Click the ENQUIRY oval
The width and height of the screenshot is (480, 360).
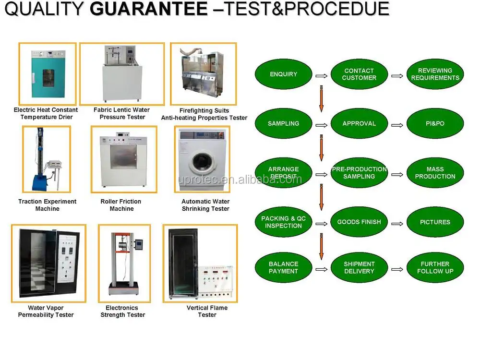(x=283, y=74)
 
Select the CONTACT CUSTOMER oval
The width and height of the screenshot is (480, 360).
(x=359, y=74)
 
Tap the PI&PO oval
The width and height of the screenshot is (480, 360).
(x=435, y=123)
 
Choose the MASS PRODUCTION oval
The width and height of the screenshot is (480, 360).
(x=435, y=173)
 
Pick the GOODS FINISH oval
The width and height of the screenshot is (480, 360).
(x=359, y=222)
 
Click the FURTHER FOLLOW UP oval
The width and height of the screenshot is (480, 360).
(x=435, y=267)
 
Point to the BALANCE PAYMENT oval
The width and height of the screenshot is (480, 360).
(x=283, y=267)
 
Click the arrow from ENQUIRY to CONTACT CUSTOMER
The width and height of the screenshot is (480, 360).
(x=322, y=75)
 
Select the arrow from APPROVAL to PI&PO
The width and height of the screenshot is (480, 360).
(x=397, y=125)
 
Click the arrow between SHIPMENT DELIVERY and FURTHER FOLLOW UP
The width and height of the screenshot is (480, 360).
(x=397, y=269)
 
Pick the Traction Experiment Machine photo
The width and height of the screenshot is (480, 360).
(x=46, y=159)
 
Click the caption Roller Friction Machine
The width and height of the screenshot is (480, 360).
(x=121, y=205)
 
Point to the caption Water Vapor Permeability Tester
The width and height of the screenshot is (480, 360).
(x=46, y=312)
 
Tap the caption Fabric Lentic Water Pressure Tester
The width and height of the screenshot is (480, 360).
(x=121, y=113)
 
